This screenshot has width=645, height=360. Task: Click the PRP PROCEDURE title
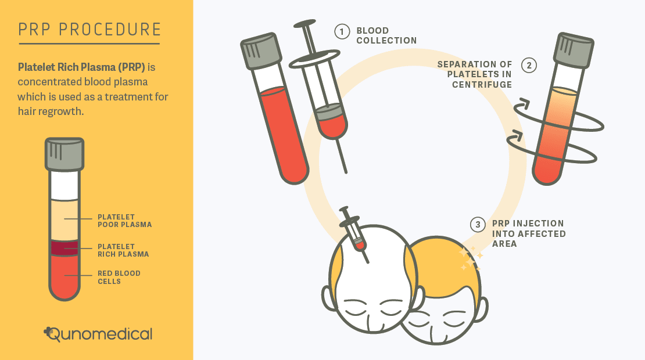click(x=89, y=30)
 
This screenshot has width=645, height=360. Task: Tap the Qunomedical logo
click(x=98, y=334)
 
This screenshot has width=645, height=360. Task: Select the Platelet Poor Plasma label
click(x=124, y=221)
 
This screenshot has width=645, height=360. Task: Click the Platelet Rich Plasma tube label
click(x=123, y=250)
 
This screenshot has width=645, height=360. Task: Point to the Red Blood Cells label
click(x=119, y=278)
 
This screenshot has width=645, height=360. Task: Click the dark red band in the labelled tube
click(x=64, y=248)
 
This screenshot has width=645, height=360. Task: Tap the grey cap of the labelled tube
click(x=64, y=154)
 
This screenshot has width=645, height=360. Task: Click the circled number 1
click(x=342, y=31)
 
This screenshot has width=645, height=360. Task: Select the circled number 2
click(x=529, y=66)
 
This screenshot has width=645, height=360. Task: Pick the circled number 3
click(x=478, y=225)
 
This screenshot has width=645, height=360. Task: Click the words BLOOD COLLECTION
click(x=386, y=35)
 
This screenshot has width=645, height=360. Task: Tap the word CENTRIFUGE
click(x=482, y=85)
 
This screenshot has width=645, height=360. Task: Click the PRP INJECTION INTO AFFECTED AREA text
click(x=529, y=233)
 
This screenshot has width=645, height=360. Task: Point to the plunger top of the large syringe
click(x=305, y=23)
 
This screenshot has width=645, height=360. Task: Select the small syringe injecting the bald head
click(x=354, y=234)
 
